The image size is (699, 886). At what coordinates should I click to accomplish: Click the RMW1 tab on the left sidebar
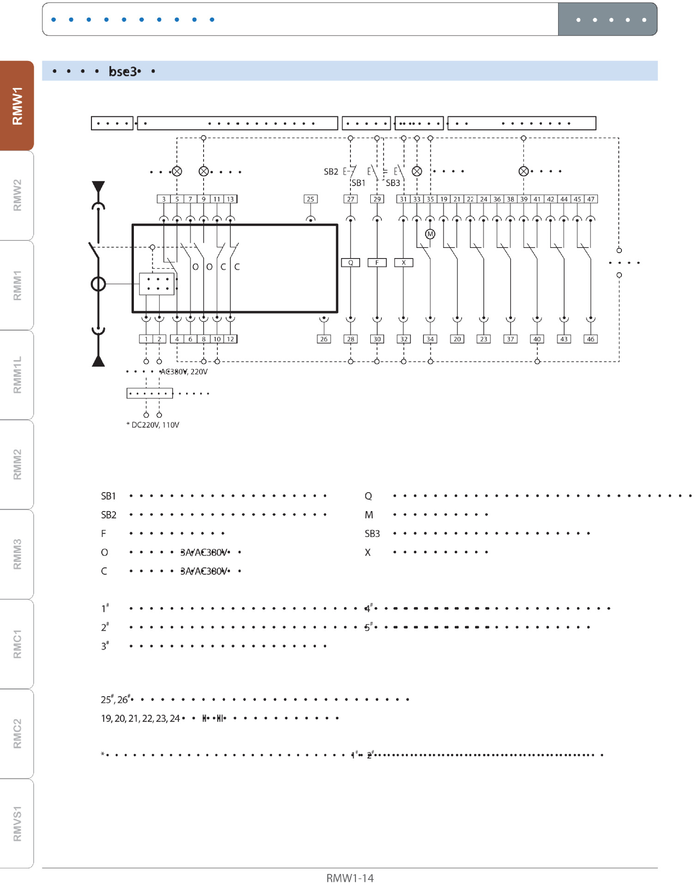point(17,106)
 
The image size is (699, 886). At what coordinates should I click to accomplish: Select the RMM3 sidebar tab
point(17,554)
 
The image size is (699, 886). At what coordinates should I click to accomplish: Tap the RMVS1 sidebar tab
point(17,824)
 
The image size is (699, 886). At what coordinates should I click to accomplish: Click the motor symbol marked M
point(430,234)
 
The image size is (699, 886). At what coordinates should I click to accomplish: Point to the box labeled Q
point(350,263)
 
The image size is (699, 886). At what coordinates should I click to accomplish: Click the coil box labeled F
point(377,263)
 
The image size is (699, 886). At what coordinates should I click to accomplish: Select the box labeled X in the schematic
point(404,263)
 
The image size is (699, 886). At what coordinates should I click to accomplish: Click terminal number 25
point(310,199)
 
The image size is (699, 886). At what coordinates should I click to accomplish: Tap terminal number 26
point(324,339)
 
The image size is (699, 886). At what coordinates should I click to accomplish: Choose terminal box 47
point(591,199)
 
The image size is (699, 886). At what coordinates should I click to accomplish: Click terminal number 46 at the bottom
point(591,339)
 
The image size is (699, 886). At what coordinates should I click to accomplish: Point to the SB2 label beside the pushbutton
point(331,172)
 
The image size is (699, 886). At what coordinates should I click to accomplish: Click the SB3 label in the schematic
point(393,183)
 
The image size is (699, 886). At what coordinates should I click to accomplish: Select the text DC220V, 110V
point(155,425)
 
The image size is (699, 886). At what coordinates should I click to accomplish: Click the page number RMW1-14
point(350,878)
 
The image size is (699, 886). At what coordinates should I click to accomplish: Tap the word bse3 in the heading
point(122,72)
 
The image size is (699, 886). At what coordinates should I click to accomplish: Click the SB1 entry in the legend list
point(108,496)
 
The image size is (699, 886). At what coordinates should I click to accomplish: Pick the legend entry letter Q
point(368,496)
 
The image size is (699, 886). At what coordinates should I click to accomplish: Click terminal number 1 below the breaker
point(146,339)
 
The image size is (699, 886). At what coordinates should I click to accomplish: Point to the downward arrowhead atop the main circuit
point(98,186)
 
